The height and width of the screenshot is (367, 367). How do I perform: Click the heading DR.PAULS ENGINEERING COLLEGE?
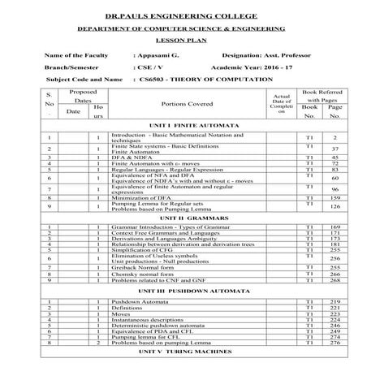(x=183, y=15)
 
